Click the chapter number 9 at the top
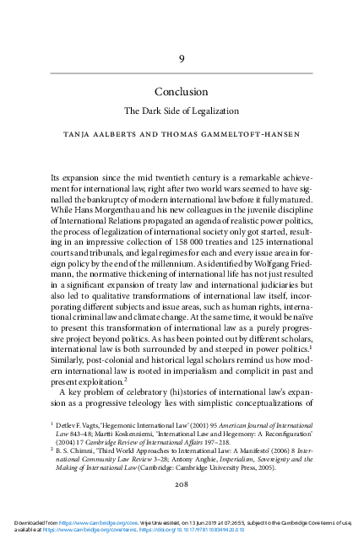182,57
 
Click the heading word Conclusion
182,91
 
